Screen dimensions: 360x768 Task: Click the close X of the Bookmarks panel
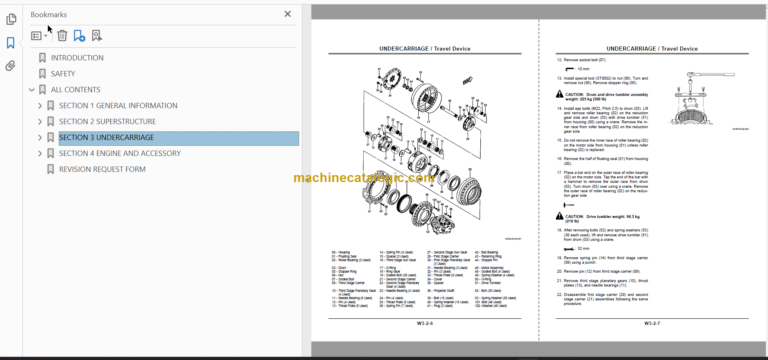(288, 14)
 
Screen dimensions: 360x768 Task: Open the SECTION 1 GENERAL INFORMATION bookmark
(118, 105)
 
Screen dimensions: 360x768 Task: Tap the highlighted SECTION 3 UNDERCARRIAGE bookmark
(106, 137)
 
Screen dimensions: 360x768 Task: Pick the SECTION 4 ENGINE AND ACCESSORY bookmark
(119, 153)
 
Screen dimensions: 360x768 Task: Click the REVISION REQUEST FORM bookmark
(102, 169)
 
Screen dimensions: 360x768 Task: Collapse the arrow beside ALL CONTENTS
(31, 89)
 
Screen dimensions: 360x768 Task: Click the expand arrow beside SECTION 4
(40, 153)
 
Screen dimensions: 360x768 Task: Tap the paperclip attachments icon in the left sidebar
(10, 66)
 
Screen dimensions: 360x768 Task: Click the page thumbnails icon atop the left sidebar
(10, 19)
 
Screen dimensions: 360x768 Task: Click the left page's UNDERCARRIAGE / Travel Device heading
(424, 48)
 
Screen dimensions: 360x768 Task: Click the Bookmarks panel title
(49, 14)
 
